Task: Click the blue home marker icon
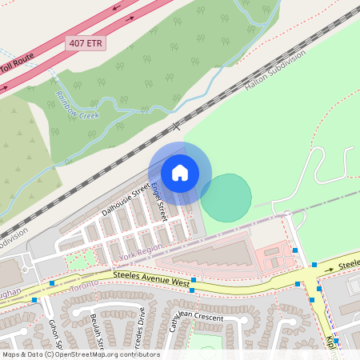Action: click(x=179, y=173)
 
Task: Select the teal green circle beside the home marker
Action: click(x=226, y=197)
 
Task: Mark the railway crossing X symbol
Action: click(x=178, y=126)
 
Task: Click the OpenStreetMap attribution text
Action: click(x=80, y=354)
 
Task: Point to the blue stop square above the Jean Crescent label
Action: click(x=193, y=291)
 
